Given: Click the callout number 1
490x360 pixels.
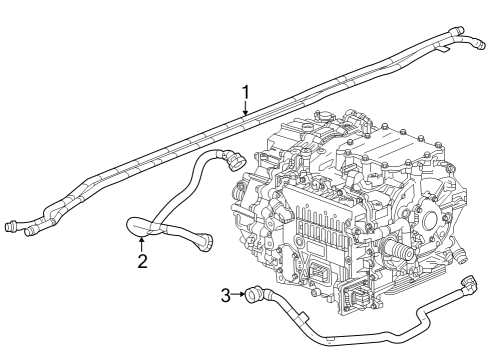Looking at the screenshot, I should (x=245, y=94).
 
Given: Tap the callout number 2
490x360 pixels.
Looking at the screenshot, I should (x=142, y=262).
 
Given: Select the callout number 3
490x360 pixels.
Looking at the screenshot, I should (x=225, y=294).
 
